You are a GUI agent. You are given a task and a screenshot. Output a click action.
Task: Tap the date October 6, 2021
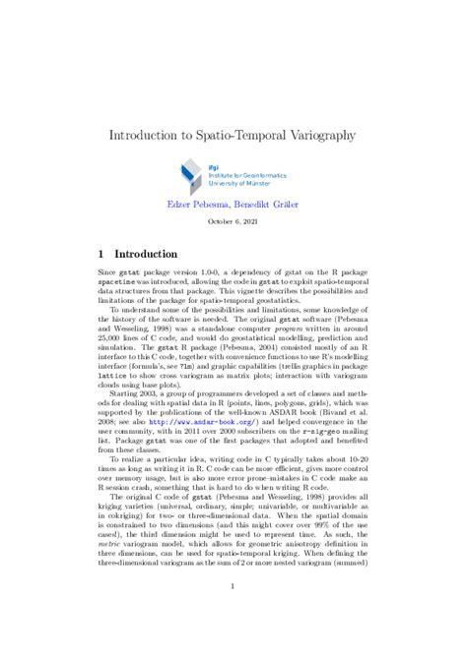[x=233, y=222]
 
